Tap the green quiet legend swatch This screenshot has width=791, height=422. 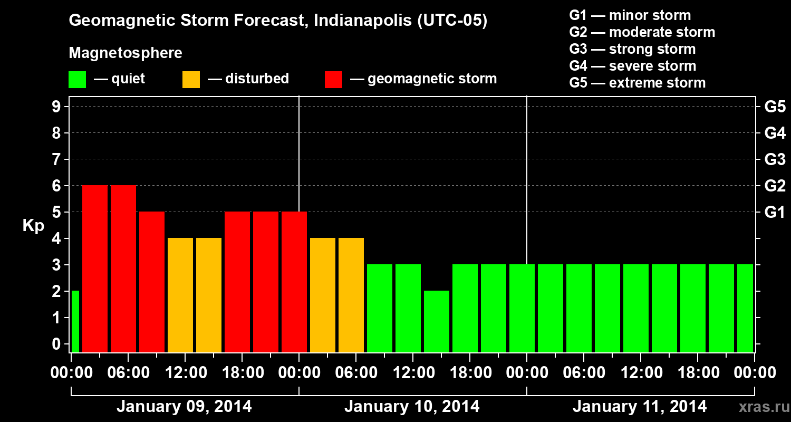(x=77, y=79)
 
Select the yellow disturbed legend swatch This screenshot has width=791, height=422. (x=191, y=79)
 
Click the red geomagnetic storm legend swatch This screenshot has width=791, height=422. (x=333, y=79)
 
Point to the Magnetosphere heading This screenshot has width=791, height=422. (x=126, y=53)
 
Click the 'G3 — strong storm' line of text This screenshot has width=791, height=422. (x=632, y=49)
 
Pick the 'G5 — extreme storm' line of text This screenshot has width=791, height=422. (x=637, y=83)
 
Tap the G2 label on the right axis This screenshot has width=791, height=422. (x=775, y=186)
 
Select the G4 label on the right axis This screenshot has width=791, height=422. (x=775, y=133)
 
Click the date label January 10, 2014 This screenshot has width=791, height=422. (x=412, y=407)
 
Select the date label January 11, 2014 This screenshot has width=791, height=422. (x=640, y=407)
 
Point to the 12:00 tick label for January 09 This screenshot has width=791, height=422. (x=185, y=373)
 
